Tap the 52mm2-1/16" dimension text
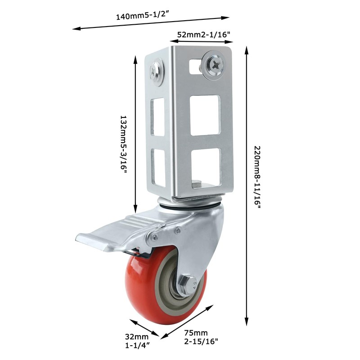[x=203, y=34]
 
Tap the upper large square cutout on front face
[x=205, y=115]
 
